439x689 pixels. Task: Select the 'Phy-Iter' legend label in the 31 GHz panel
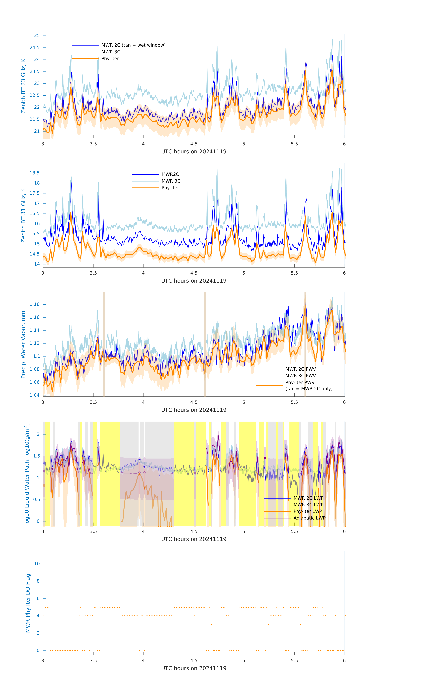pos(170,188)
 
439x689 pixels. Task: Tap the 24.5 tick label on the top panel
pos(35,48)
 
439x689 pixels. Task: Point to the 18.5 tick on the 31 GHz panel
pos(35,173)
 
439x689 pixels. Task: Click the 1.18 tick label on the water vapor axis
pos(35,304)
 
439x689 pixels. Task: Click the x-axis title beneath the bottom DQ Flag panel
pos(194,668)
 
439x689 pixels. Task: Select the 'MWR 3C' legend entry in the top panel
pos(111,52)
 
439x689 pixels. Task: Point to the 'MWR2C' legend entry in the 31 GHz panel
pos(170,174)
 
